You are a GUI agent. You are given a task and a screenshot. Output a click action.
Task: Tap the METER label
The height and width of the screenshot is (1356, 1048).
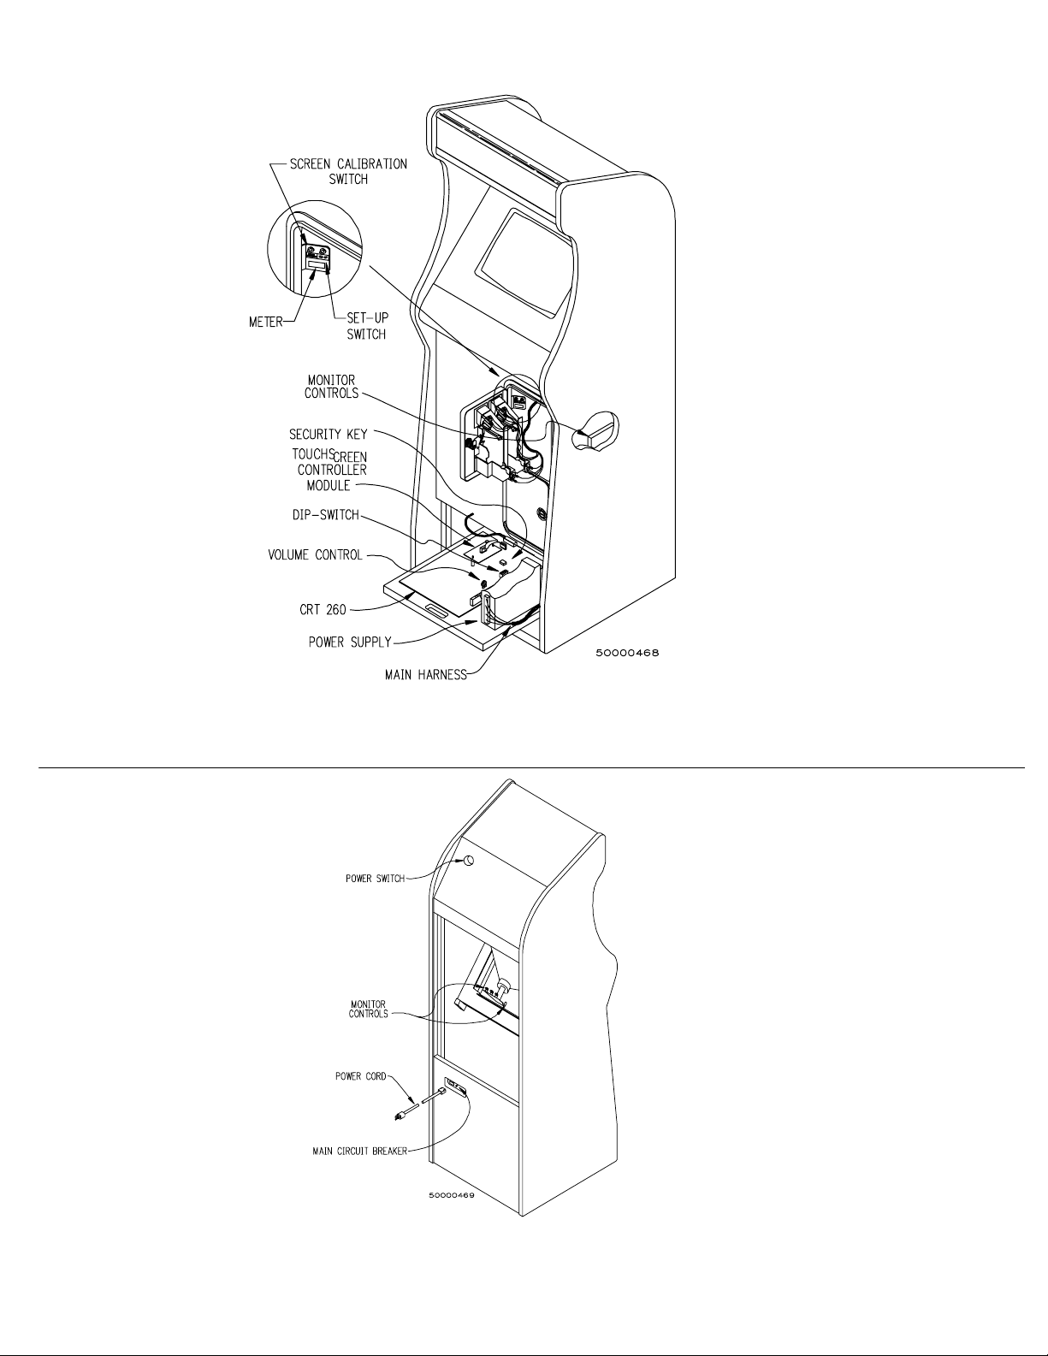[265, 323]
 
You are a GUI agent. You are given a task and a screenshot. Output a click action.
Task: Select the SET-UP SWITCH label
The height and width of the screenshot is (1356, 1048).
[367, 325]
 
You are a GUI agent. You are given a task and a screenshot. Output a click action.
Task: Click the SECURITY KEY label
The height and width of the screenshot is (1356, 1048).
[328, 435]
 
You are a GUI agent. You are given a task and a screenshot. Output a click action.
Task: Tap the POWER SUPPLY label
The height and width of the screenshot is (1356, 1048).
[349, 642]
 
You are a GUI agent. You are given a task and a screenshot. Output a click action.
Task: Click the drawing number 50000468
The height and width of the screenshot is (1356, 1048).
[626, 653]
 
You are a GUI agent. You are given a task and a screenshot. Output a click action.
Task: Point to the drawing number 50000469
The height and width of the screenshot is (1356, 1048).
[451, 1196]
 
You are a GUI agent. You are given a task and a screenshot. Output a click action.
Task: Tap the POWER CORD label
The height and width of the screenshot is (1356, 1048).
[360, 1077]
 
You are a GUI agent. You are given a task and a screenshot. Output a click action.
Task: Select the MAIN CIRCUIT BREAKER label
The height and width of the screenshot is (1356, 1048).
[359, 1151]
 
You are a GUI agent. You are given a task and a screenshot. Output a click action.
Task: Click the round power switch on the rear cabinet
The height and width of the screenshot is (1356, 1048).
[470, 862]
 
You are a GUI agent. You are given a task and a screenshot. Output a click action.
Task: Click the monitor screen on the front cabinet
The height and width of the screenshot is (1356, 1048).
[524, 260]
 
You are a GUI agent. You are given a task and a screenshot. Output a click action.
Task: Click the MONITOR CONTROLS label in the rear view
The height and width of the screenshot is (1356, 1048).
[368, 1009]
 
